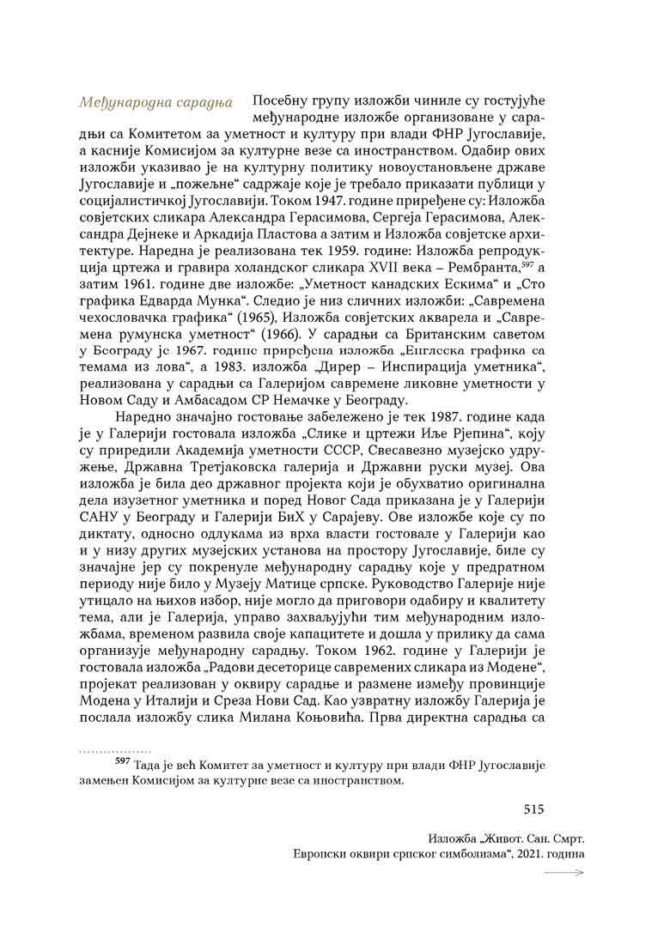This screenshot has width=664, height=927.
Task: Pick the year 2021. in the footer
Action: (x=514, y=855)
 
